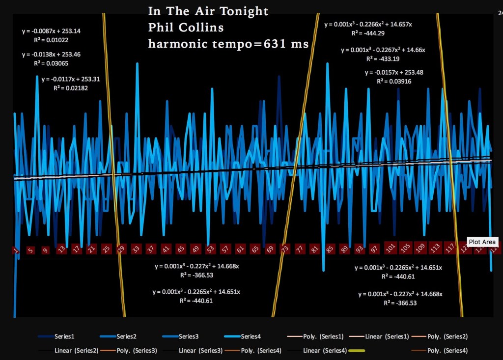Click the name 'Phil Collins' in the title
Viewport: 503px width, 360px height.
tap(186, 28)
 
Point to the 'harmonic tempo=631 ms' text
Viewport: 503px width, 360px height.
tap(228, 44)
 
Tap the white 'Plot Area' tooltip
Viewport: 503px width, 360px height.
tap(483, 242)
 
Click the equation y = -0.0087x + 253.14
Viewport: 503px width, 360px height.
tap(52, 31)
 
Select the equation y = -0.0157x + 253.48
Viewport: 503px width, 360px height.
tap(394, 73)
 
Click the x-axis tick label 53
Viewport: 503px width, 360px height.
tap(210, 249)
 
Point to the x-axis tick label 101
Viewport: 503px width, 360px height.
tap(391, 247)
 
